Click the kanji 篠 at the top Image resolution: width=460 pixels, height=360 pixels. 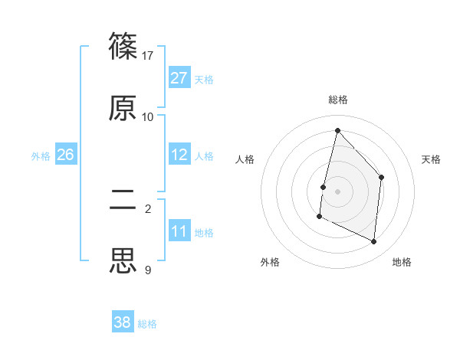tap(123, 45)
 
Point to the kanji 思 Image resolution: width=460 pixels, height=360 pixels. tap(123, 260)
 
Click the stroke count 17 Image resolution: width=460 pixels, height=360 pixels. tap(148, 55)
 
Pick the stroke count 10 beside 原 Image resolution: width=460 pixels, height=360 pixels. tap(148, 116)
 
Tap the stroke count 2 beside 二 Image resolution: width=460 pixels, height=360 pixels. tap(148, 208)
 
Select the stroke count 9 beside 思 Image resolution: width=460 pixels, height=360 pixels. tap(148, 270)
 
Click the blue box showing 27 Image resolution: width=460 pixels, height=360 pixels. tap(179, 78)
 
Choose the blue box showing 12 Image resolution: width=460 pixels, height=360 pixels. tap(179, 155)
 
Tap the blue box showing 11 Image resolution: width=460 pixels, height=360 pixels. tap(179, 231)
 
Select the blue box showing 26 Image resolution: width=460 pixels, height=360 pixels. tap(65, 155)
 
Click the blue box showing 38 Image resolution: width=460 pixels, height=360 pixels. tap(123, 322)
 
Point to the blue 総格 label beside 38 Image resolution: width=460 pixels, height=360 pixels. tap(147, 324)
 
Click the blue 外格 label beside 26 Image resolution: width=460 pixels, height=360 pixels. tap(41, 156)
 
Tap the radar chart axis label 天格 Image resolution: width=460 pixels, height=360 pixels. tap(432, 159)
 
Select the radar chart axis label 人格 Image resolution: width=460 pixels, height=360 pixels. tap(245, 159)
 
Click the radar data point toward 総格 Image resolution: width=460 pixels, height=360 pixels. tap(337, 130)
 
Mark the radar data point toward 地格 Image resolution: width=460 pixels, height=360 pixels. tap(374, 241)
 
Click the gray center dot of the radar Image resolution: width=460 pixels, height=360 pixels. tap(337, 191)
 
